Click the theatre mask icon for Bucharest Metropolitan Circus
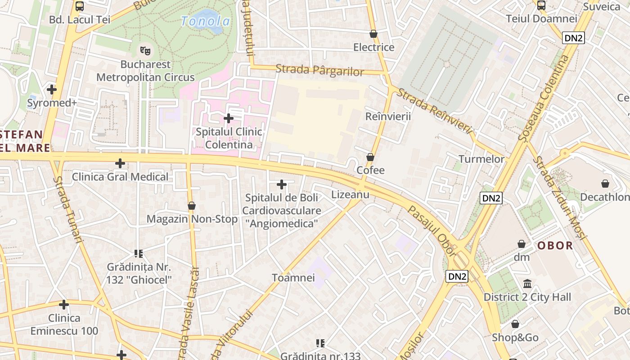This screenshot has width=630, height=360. click(144, 49)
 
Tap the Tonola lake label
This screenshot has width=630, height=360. click(205, 21)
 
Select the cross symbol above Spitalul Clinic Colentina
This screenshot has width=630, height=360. click(229, 118)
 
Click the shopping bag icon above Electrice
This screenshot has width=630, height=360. click(373, 34)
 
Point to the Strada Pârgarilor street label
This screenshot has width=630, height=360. click(319, 71)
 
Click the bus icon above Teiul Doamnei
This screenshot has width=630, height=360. click(541, 5)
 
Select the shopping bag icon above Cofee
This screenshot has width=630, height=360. click(370, 157)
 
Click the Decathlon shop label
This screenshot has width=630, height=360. click(605, 197)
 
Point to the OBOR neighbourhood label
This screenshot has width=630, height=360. click(555, 246)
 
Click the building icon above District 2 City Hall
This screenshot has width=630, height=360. click(527, 284)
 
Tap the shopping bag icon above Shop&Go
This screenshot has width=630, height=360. click(515, 324)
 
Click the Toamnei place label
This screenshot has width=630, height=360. click(293, 278)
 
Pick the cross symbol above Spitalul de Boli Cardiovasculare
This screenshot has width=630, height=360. click(282, 184)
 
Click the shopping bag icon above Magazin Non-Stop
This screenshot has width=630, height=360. click(192, 206)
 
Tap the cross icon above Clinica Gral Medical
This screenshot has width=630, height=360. click(120, 163)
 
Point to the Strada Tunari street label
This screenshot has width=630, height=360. click(68, 210)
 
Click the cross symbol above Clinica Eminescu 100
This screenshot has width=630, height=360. click(64, 305)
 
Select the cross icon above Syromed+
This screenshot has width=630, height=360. click(52, 89)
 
